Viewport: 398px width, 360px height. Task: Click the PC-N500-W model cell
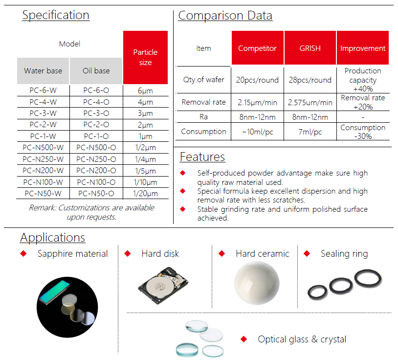pyautogui.click(x=43, y=148)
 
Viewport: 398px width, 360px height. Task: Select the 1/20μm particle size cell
pyautogui.click(x=145, y=194)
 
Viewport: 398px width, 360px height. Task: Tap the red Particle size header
pyautogui.click(x=145, y=57)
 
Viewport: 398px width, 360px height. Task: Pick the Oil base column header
pyautogui.click(x=96, y=71)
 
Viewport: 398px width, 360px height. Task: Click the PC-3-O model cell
pyautogui.click(x=96, y=113)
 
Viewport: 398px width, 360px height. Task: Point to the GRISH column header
pyautogui.click(x=310, y=48)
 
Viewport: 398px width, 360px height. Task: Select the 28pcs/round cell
pyautogui.click(x=310, y=80)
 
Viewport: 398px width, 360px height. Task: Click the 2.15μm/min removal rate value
pyautogui.click(x=257, y=102)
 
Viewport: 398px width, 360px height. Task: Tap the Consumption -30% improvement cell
pyautogui.click(x=363, y=132)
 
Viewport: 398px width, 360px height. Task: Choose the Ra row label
pyautogui.click(x=203, y=117)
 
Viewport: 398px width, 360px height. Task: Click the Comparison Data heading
pyautogui.click(x=225, y=16)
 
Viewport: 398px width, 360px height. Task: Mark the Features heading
pyautogui.click(x=202, y=157)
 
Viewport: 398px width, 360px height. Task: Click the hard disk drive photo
pyautogui.click(x=163, y=285)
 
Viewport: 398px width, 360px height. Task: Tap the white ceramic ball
pyautogui.click(x=257, y=283)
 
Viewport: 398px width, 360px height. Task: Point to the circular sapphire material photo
pyautogui.click(x=67, y=307)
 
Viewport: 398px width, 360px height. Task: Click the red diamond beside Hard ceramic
pyautogui.click(x=221, y=253)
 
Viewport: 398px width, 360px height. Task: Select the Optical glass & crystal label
pyautogui.click(x=302, y=339)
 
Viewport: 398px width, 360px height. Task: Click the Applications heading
pyautogui.click(x=52, y=238)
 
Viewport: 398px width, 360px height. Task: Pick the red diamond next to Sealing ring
pyautogui.click(x=307, y=253)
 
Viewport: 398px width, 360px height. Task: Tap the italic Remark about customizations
pyautogui.click(x=91, y=212)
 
